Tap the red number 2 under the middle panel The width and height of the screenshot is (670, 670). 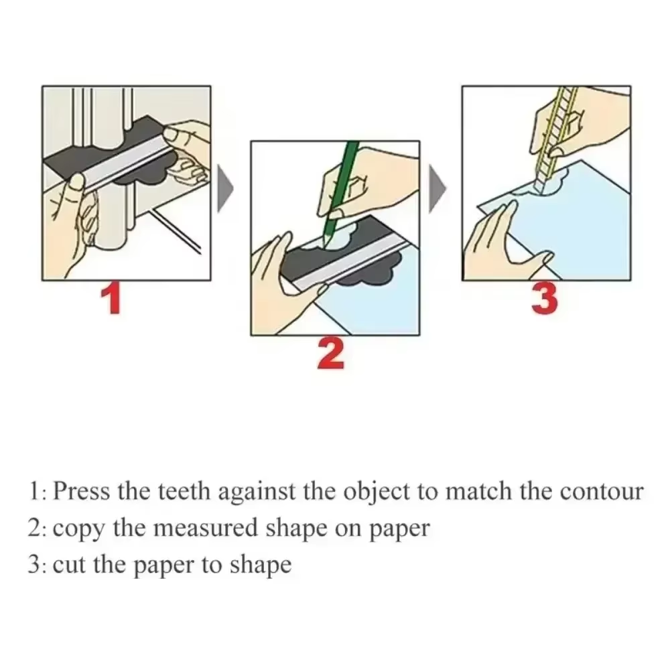click(x=330, y=354)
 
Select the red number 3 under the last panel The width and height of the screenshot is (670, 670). click(x=544, y=299)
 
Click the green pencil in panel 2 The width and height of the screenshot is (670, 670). click(x=342, y=194)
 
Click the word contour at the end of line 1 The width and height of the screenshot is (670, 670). click(x=601, y=492)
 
